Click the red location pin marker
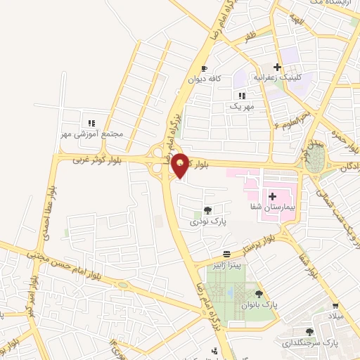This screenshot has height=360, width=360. tap(180, 165)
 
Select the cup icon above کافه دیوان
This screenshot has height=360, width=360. tap(204, 69)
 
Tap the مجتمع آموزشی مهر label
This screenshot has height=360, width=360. tap(92, 134)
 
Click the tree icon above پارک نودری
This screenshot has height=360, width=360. tap(207, 210)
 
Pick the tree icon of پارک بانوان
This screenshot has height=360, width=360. tap(259, 294)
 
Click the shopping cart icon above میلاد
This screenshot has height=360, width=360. tap(336, 306)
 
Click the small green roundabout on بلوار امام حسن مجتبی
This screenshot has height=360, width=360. tap(123, 285)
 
